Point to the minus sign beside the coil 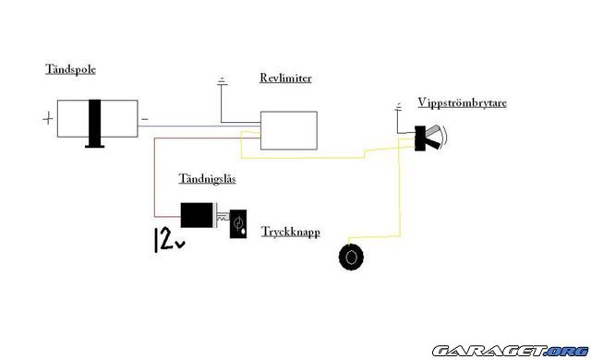144,118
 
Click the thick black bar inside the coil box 93,120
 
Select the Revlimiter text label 285,78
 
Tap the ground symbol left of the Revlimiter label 222,85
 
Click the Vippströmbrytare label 451,103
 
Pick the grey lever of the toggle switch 434,137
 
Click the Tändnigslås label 205,177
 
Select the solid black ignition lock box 196,214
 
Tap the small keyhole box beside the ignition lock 238,222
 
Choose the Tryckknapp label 290,233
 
